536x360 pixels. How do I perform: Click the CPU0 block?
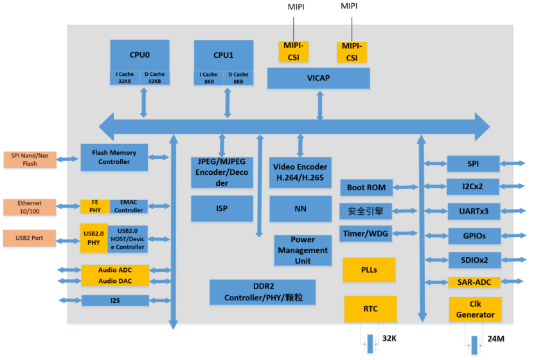click(139, 55)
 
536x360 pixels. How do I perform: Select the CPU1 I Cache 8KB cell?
click(209, 78)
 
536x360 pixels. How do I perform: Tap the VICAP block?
click(318, 78)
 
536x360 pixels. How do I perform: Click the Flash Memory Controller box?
click(114, 157)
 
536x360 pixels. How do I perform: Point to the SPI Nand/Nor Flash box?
click(30, 159)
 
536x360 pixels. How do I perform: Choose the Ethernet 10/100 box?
click(30, 207)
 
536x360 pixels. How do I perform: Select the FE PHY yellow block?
click(95, 206)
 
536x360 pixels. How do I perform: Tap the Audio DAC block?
click(115, 281)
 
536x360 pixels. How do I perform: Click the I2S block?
click(115, 300)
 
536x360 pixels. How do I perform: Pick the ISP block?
click(222, 208)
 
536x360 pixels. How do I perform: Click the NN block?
click(300, 209)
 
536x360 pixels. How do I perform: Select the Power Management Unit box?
click(303, 250)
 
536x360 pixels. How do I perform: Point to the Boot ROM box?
click(366, 188)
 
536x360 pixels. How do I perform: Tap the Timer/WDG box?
click(366, 233)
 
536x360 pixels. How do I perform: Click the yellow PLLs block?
click(369, 270)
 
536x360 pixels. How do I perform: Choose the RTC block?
click(370, 309)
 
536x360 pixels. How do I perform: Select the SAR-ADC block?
click(474, 282)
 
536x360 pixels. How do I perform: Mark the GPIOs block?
click(474, 236)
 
